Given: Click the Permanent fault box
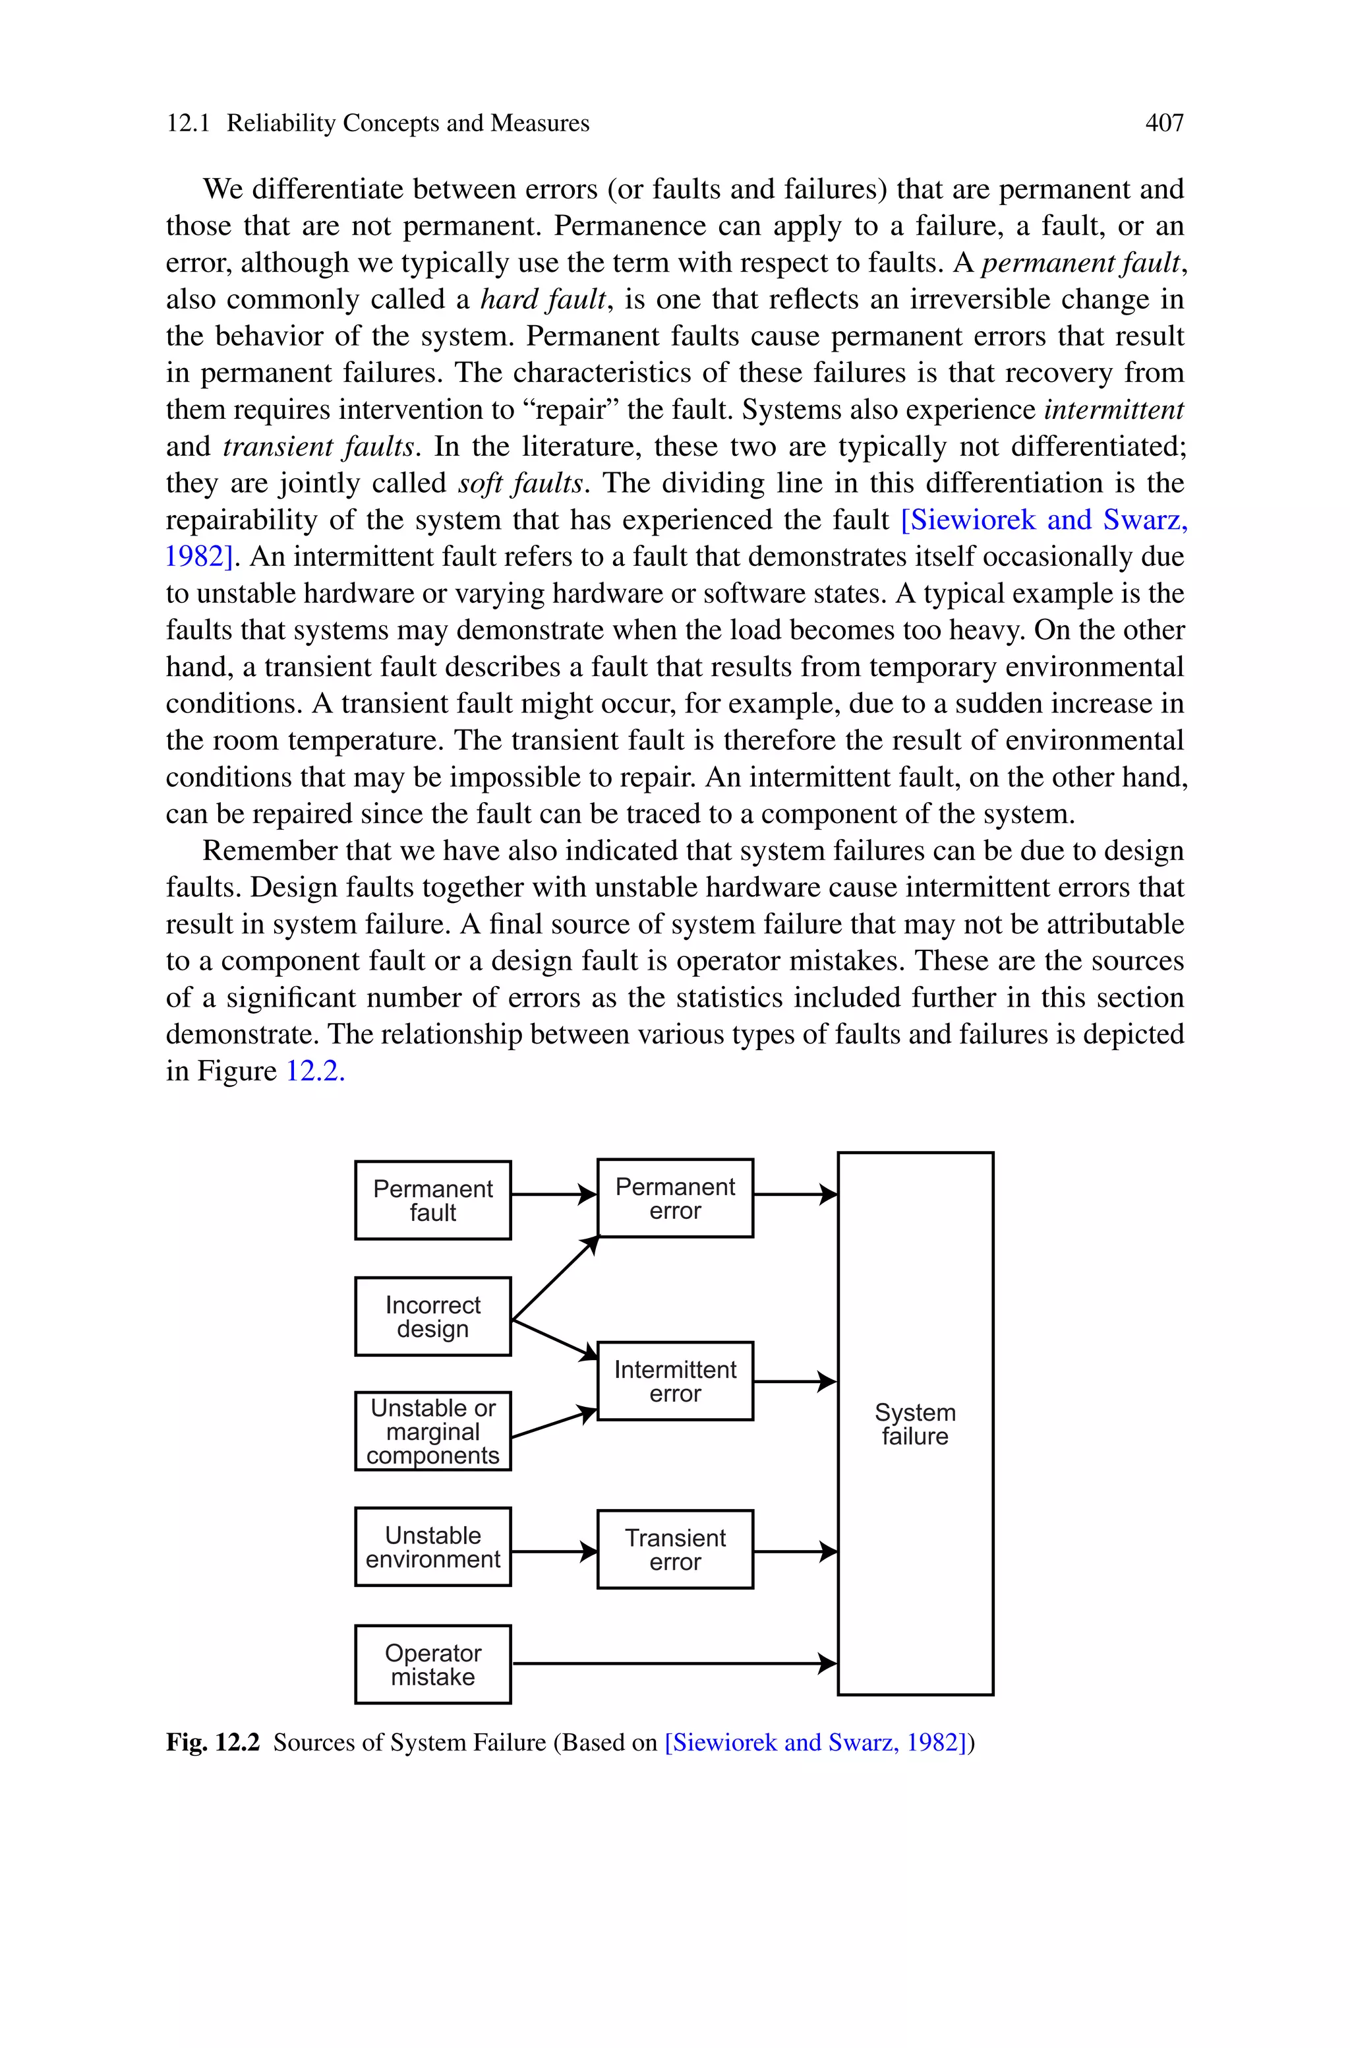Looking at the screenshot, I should pyautogui.click(x=432, y=1200).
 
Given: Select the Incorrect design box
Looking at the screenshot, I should pyautogui.click(x=432, y=1316).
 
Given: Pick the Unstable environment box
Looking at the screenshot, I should pyautogui.click(x=432, y=1547).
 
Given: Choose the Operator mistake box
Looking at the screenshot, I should pyautogui.click(x=432, y=1664).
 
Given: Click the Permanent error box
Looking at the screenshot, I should pyautogui.click(x=675, y=1198).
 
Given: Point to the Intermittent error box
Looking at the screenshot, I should pyautogui.click(x=675, y=1381).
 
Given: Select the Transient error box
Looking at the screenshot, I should pyautogui.click(x=675, y=1549).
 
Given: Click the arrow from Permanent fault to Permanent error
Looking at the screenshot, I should pyautogui.click(x=554, y=1195).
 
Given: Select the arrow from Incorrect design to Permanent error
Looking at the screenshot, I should pyautogui.click(x=554, y=1278).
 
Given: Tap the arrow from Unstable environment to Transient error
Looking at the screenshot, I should pyautogui.click(x=554, y=1552).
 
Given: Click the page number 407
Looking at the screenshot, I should pyautogui.click(x=1164, y=123).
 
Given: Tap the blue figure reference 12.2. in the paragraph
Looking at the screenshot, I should pyautogui.click(x=315, y=1071).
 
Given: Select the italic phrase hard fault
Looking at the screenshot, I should pyautogui.click(x=543, y=299).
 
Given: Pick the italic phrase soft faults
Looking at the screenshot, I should pyautogui.click(x=521, y=483).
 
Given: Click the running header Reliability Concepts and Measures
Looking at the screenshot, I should pyautogui.click(x=408, y=123).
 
